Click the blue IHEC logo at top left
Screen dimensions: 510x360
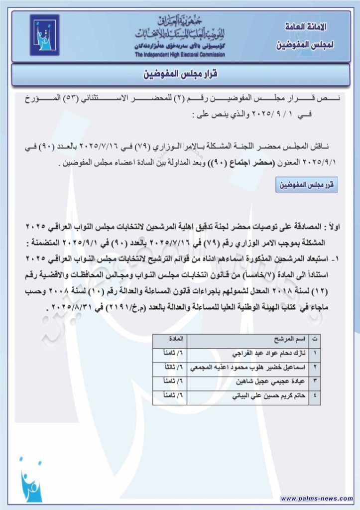coord(44,35)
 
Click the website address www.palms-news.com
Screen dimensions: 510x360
coord(316,498)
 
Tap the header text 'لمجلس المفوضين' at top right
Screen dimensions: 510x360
coord(305,44)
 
